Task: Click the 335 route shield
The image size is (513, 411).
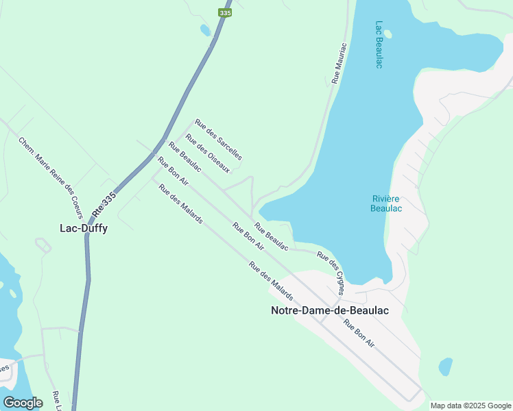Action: [225, 13]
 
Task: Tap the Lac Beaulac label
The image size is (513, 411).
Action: [379, 45]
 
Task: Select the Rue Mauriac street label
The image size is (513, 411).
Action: [339, 63]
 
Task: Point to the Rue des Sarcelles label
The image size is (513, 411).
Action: [218, 140]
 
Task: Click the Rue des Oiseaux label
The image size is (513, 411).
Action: [207, 153]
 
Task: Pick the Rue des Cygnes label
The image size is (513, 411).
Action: [331, 269]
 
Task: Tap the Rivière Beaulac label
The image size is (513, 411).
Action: [385, 203]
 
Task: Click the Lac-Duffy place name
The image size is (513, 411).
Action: [83, 228]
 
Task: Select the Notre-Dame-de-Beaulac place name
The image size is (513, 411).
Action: [330, 310]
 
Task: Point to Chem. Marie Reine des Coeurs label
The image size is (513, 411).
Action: [50, 173]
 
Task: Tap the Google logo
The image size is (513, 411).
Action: [23, 402]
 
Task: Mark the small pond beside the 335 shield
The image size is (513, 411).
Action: [204, 30]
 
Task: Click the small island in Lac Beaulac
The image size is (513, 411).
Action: [387, 33]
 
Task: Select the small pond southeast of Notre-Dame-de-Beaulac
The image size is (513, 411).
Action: [446, 366]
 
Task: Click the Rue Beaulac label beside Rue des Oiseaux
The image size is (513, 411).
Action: [184, 157]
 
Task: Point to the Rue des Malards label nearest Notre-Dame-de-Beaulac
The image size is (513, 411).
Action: [271, 282]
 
